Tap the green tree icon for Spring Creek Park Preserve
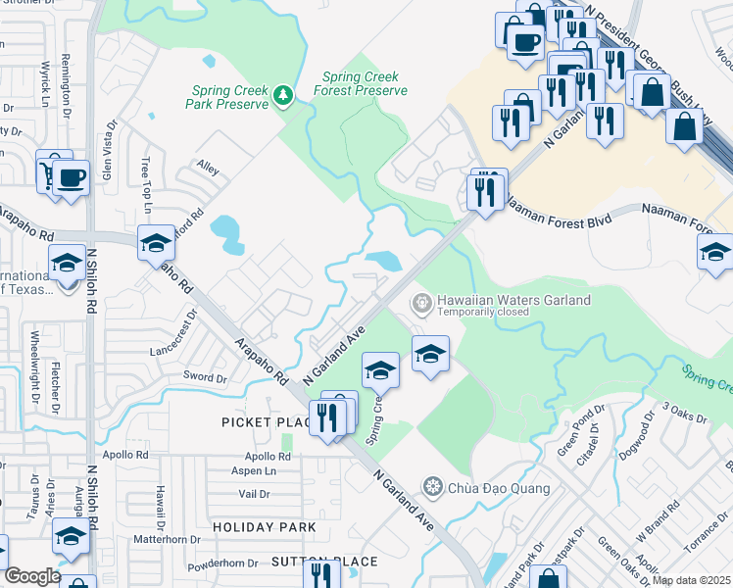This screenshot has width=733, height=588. (x=283, y=94)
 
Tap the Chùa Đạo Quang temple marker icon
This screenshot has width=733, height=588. (x=431, y=486)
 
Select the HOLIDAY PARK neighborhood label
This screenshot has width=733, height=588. (x=265, y=527)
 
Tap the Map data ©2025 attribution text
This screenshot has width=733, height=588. (x=692, y=580)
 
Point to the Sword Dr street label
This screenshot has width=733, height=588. (x=205, y=377)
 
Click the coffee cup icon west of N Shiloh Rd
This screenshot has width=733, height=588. (x=70, y=179)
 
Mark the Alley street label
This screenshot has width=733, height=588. (x=208, y=168)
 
